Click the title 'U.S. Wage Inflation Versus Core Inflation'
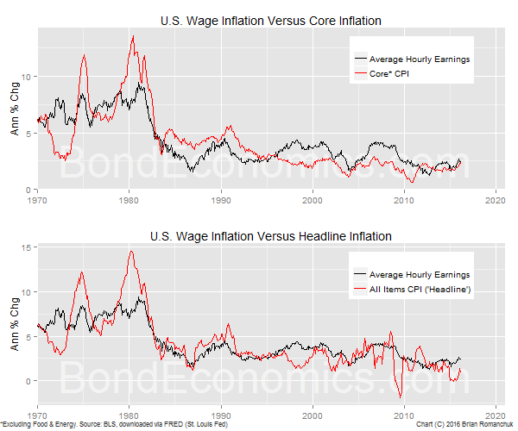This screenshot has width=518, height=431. point(271,20)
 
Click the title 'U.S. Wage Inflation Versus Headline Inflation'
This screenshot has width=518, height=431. point(271,235)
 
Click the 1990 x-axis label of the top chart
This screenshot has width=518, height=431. point(221,200)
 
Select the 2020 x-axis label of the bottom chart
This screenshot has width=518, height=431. point(496,415)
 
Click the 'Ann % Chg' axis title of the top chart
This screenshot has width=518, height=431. point(14,109)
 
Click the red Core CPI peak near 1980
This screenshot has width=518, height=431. point(132,37)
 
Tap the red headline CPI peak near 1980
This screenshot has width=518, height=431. point(130,252)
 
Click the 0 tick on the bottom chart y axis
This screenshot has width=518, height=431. point(29,381)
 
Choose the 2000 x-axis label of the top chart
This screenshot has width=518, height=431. point(313,200)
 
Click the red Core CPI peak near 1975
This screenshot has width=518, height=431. point(84,56)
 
